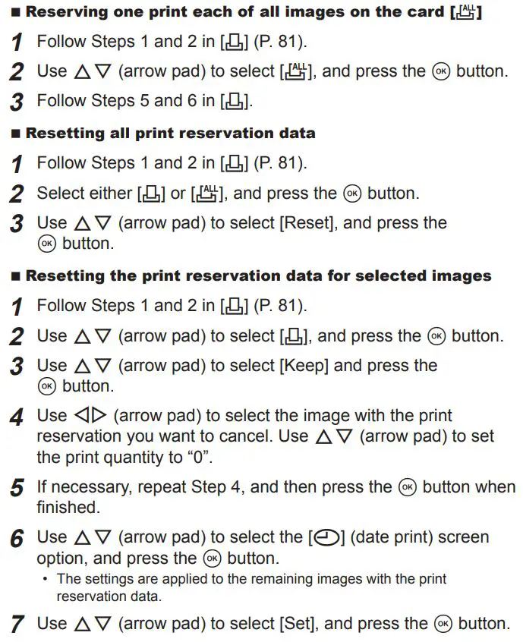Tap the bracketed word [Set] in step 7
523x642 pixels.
click(x=298, y=624)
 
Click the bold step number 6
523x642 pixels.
click(x=17, y=539)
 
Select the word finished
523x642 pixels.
click(x=67, y=507)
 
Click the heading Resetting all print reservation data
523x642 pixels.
click(x=170, y=133)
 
